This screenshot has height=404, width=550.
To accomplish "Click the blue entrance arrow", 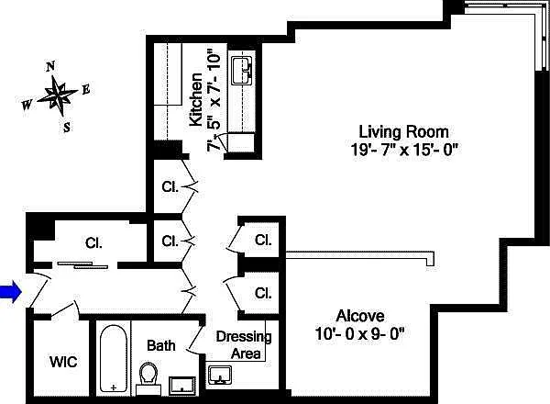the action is tap(11, 292).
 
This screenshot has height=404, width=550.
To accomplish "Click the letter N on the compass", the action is tap(50, 66).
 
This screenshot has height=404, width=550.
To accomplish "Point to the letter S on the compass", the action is tap(67, 127).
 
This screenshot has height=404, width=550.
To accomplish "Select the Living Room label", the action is tap(403, 132).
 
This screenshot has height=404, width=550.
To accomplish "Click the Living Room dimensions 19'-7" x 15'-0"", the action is tap(405, 150).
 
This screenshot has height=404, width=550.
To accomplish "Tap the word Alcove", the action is tap(360, 316).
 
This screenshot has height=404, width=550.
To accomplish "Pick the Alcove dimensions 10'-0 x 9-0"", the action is tap(360, 333).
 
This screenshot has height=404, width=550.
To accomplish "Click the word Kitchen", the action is tap(196, 99).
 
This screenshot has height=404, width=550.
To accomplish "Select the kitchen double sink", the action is tap(242, 71).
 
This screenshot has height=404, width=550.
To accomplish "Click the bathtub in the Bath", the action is tap(114, 358).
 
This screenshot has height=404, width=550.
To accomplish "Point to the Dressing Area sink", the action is tap(220, 376).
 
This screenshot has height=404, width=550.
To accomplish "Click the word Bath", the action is tap(161, 345).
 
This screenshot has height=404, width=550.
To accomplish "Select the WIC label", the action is tap(63, 362).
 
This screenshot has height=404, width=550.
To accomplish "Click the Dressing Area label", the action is tap(244, 345).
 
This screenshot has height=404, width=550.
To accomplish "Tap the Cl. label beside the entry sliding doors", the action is tap(93, 242).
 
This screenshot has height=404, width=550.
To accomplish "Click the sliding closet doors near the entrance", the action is tap(82, 264).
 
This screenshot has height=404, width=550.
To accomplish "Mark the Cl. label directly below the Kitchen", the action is tap(170, 186).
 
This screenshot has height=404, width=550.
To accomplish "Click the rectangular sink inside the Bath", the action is tap(182, 385).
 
